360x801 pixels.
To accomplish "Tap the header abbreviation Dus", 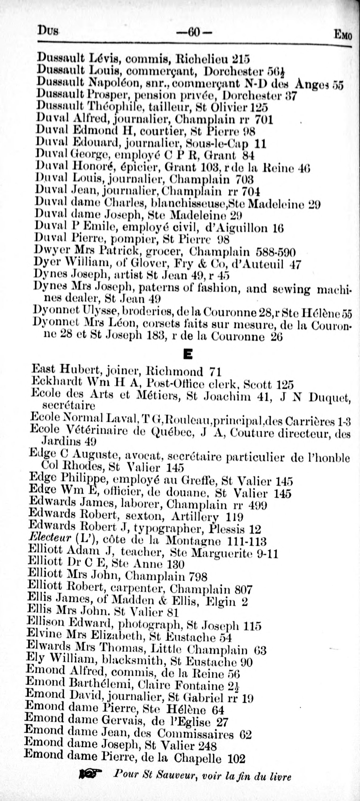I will pyautogui.click(x=48, y=31).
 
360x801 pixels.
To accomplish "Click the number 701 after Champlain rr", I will pyautogui.click(x=264, y=120).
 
